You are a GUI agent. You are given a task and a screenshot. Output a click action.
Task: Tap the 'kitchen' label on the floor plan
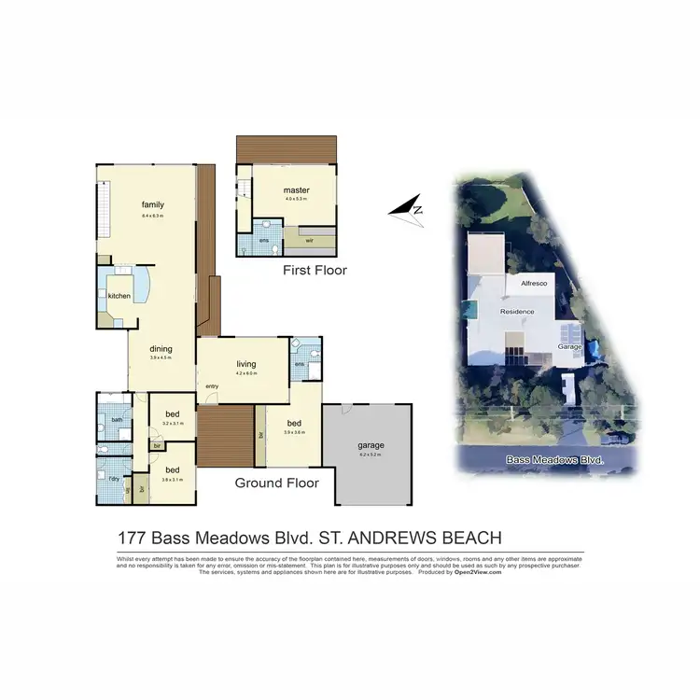(x=119, y=296)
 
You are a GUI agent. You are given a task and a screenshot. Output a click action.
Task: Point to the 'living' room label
(x=245, y=365)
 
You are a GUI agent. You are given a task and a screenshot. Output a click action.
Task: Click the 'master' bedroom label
(x=296, y=190)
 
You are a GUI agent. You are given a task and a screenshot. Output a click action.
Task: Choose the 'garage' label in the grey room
(x=371, y=445)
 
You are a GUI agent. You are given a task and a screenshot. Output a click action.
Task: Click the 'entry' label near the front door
(x=212, y=386)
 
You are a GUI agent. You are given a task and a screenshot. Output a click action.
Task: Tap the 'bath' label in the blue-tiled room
(x=117, y=419)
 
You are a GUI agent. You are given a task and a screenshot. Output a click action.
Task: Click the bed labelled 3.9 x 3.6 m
(x=293, y=423)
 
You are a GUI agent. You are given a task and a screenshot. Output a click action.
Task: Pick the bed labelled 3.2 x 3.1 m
(x=172, y=414)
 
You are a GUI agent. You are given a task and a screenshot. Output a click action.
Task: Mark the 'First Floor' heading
(x=315, y=271)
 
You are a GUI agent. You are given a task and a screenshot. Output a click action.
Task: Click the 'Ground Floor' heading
(x=276, y=483)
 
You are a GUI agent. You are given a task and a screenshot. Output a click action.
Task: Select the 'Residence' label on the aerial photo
(x=517, y=311)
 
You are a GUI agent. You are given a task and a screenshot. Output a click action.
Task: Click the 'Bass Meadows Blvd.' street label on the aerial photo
(x=554, y=460)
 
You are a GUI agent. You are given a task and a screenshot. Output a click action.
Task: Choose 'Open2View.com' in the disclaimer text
(x=478, y=571)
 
